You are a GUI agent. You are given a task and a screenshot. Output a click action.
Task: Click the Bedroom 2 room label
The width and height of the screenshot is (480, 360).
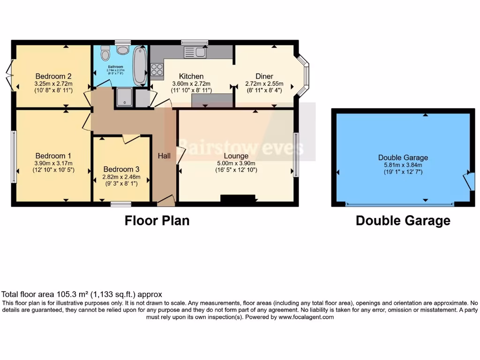click(x=53, y=76)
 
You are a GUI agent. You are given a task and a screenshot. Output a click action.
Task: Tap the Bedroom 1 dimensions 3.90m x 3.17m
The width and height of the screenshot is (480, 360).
click(x=53, y=163)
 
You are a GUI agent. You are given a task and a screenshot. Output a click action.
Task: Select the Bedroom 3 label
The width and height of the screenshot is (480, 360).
click(x=121, y=169)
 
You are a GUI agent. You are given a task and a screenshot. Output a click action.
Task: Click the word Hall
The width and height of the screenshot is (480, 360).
click(x=164, y=156)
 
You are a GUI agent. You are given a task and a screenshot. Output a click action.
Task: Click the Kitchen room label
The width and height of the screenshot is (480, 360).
click(x=191, y=76)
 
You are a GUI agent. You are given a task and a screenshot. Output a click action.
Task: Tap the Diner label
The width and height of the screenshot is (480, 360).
click(x=264, y=76)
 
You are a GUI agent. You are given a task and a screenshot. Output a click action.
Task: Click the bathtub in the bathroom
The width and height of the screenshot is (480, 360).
click(x=140, y=66)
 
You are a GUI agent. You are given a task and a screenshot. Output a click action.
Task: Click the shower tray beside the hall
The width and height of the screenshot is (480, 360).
click(x=125, y=97)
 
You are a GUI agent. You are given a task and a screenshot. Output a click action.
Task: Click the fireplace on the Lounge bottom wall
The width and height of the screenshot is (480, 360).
click(x=238, y=200)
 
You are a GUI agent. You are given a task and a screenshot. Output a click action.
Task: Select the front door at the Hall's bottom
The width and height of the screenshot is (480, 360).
click(x=166, y=202)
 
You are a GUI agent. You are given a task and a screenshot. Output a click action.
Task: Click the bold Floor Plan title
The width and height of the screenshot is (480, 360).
click(x=157, y=221)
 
